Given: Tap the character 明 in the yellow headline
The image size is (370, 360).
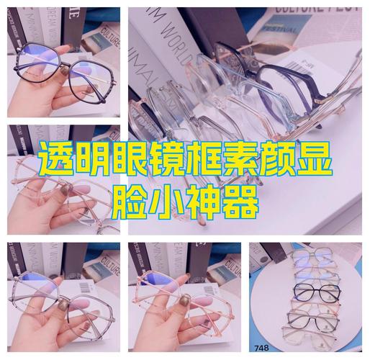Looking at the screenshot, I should pyautogui.click(x=94, y=162).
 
